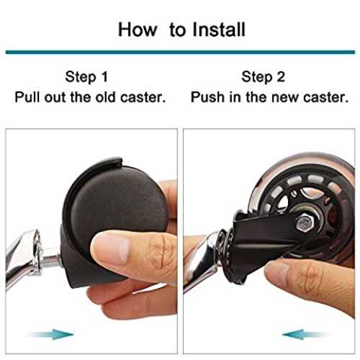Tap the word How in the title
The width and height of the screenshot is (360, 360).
(x=138, y=30)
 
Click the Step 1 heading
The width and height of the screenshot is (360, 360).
(x=86, y=77)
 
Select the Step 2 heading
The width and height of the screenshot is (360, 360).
(x=264, y=77)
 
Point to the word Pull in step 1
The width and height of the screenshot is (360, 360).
(x=28, y=97)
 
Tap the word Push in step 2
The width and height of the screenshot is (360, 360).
(x=208, y=97)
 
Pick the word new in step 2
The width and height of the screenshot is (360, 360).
(x=286, y=98)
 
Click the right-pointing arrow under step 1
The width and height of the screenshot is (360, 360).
(x=50, y=334)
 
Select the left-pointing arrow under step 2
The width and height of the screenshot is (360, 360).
(x=305, y=334)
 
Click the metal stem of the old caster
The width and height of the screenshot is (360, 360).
(x=51, y=261)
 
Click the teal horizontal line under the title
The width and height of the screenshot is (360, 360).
(x=180, y=52)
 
